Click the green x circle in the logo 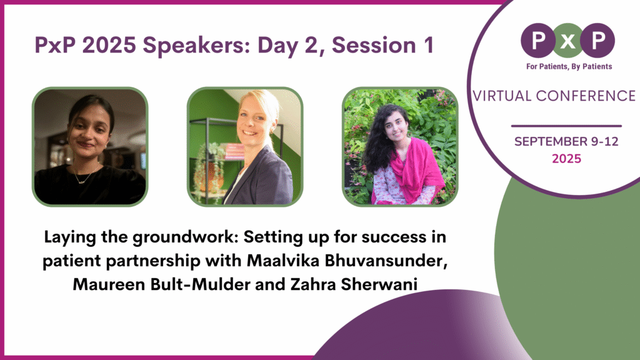coord(567,41)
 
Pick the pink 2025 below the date coord(566,159)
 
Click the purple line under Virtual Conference coord(566,126)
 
